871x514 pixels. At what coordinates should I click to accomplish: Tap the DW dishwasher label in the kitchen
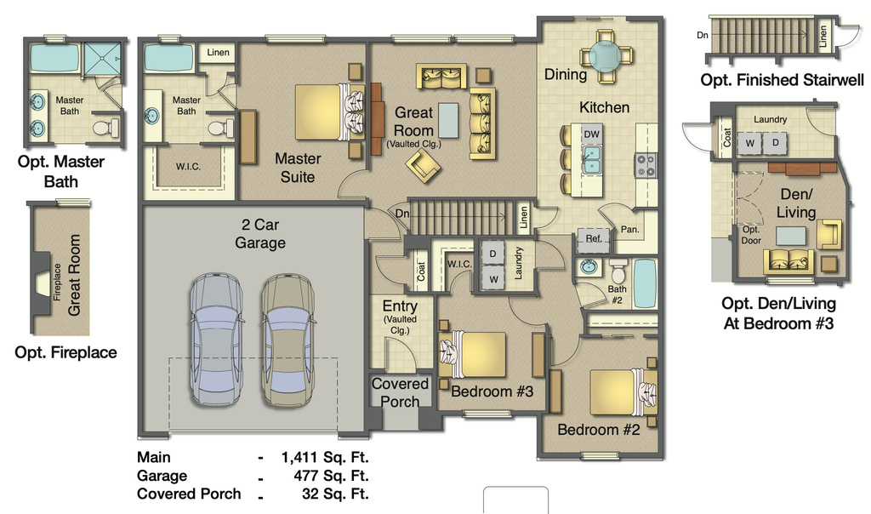[592, 134]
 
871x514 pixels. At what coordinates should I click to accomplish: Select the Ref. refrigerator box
[594, 240]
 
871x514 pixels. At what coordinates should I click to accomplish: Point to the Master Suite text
[298, 168]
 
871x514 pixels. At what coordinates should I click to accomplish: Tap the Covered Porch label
[400, 391]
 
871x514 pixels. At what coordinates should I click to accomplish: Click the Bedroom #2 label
[598, 430]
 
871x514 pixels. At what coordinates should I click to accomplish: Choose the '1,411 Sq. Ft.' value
[325, 457]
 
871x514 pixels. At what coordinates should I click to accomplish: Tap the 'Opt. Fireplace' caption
[65, 352]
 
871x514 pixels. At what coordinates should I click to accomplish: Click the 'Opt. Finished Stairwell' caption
[782, 80]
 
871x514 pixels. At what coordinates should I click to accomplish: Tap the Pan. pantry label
[630, 230]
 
